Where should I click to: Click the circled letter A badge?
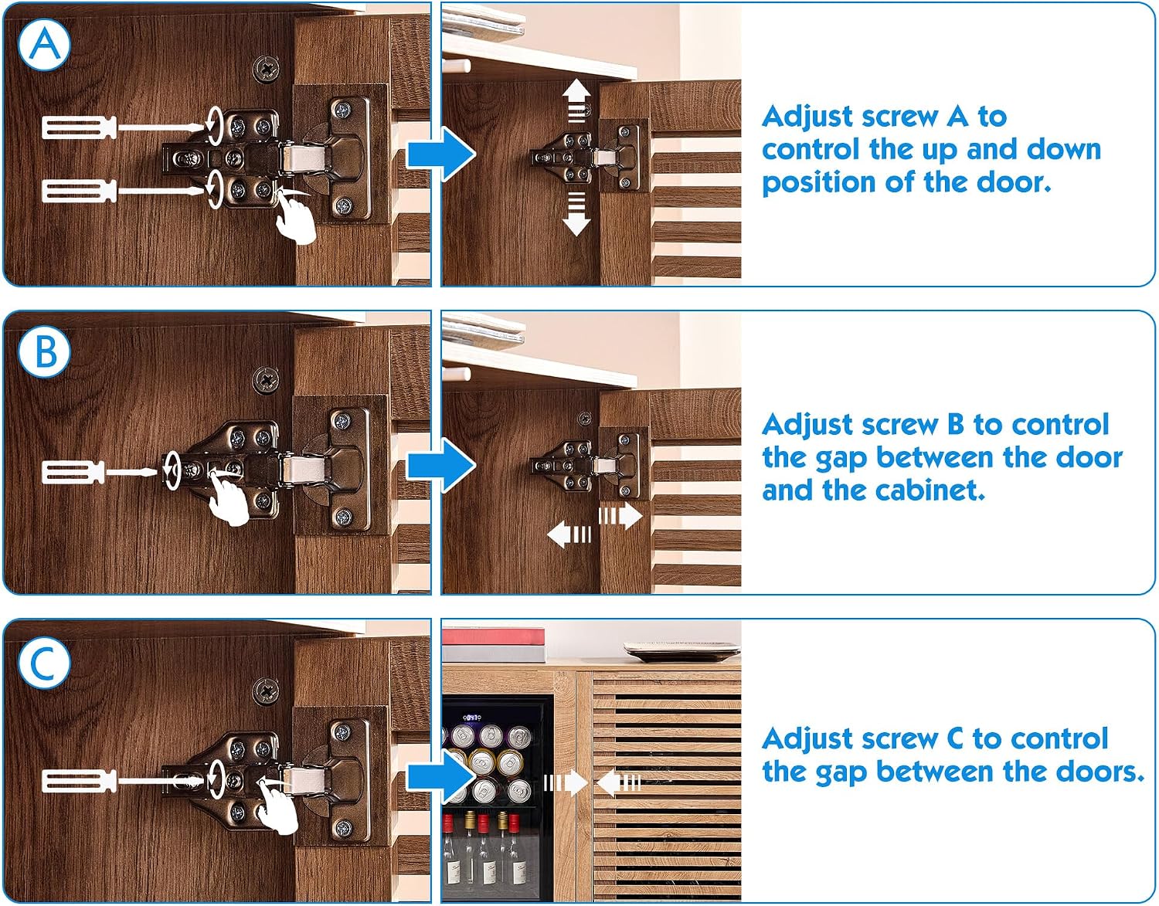tap(44, 44)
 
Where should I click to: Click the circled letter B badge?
tap(44, 351)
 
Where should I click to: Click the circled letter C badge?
tap(44, 663)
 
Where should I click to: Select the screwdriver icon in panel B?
tap(99, 472)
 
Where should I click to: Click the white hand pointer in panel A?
tap(296, 219)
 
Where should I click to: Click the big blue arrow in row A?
tap(441, 155)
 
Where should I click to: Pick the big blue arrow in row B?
tap(441, 465)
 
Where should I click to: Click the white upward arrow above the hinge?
tap(576, 100)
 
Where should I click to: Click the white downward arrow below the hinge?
tap(576, 214)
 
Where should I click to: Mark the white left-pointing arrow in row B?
tap(569, 534)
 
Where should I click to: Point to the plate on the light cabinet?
tap(681, 650)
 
